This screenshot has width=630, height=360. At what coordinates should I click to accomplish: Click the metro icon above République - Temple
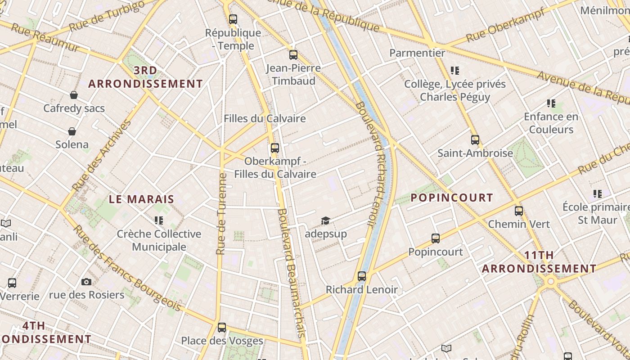coord(233,19)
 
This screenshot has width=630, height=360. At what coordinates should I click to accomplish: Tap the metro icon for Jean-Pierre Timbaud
coord(293,55)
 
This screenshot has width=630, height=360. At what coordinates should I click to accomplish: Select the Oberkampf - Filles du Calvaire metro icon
coord(275,148)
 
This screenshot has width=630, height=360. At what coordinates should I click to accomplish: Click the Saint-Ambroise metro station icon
coord(475,140)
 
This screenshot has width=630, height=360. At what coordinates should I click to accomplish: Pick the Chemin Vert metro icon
coord(519,211)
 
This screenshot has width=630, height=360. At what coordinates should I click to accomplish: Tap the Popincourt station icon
coord(436,238)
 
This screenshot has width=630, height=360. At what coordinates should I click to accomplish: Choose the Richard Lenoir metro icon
coord(362,276)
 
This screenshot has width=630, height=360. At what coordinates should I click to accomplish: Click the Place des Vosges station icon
coord(221,327)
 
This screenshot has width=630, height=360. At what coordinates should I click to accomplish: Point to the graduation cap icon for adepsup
coord(325,220)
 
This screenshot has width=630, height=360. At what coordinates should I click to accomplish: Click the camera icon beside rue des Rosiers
coord(86,282)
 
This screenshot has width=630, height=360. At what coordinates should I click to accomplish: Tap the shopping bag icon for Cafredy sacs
coord(74,95)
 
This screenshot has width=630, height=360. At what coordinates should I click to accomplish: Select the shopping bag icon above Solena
coord(72,131)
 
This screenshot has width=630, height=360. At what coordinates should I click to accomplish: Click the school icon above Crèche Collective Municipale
coord(158,220)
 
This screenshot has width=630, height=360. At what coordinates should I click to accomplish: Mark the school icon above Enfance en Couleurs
coord(551,103)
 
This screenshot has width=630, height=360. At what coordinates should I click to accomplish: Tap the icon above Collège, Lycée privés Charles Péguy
coord(455,71)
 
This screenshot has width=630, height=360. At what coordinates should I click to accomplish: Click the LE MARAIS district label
coord(141,199)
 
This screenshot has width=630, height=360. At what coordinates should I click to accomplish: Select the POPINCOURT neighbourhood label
coord(452,198)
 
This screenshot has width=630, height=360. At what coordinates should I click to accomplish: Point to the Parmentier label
coord(417,53)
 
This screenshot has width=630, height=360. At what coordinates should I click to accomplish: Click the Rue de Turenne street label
coord(220,214)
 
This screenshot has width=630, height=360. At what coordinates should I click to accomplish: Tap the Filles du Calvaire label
coord(265,118)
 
